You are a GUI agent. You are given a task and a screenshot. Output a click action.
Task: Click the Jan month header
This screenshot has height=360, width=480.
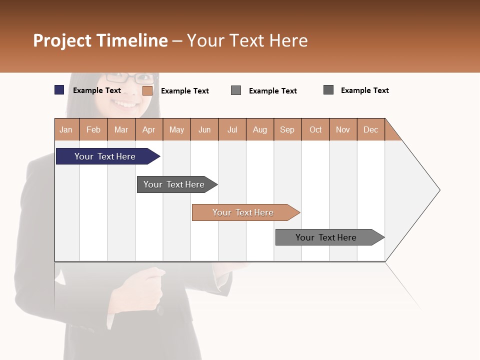(66, 129)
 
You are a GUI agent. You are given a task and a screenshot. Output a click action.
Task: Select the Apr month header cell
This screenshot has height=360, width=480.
(149, 129)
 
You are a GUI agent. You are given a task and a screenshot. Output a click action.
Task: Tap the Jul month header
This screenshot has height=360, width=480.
(232, 129)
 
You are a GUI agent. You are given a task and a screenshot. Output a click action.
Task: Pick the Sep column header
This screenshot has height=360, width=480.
(287, 129)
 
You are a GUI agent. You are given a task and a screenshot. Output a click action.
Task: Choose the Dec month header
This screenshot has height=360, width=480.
(370, 129)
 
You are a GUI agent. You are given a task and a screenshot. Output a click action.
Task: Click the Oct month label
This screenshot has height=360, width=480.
(315, 129)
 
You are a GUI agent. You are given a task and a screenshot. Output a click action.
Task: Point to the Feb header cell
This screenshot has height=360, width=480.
(93, 129)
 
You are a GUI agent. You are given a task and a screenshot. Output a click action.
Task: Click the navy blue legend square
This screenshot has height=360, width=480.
(59, 90)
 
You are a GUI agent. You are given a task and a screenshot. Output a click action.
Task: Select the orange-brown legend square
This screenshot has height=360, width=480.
(147, 90)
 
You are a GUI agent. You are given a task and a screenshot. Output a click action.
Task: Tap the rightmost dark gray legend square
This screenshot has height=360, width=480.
(328, 90)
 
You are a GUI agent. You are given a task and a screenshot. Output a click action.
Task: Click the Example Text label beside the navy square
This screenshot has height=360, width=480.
(97, 90)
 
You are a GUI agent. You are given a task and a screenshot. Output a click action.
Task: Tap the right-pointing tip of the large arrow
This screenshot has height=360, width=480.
(438, 190)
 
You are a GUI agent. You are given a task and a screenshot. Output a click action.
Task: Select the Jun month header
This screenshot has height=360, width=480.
(204, 129)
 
